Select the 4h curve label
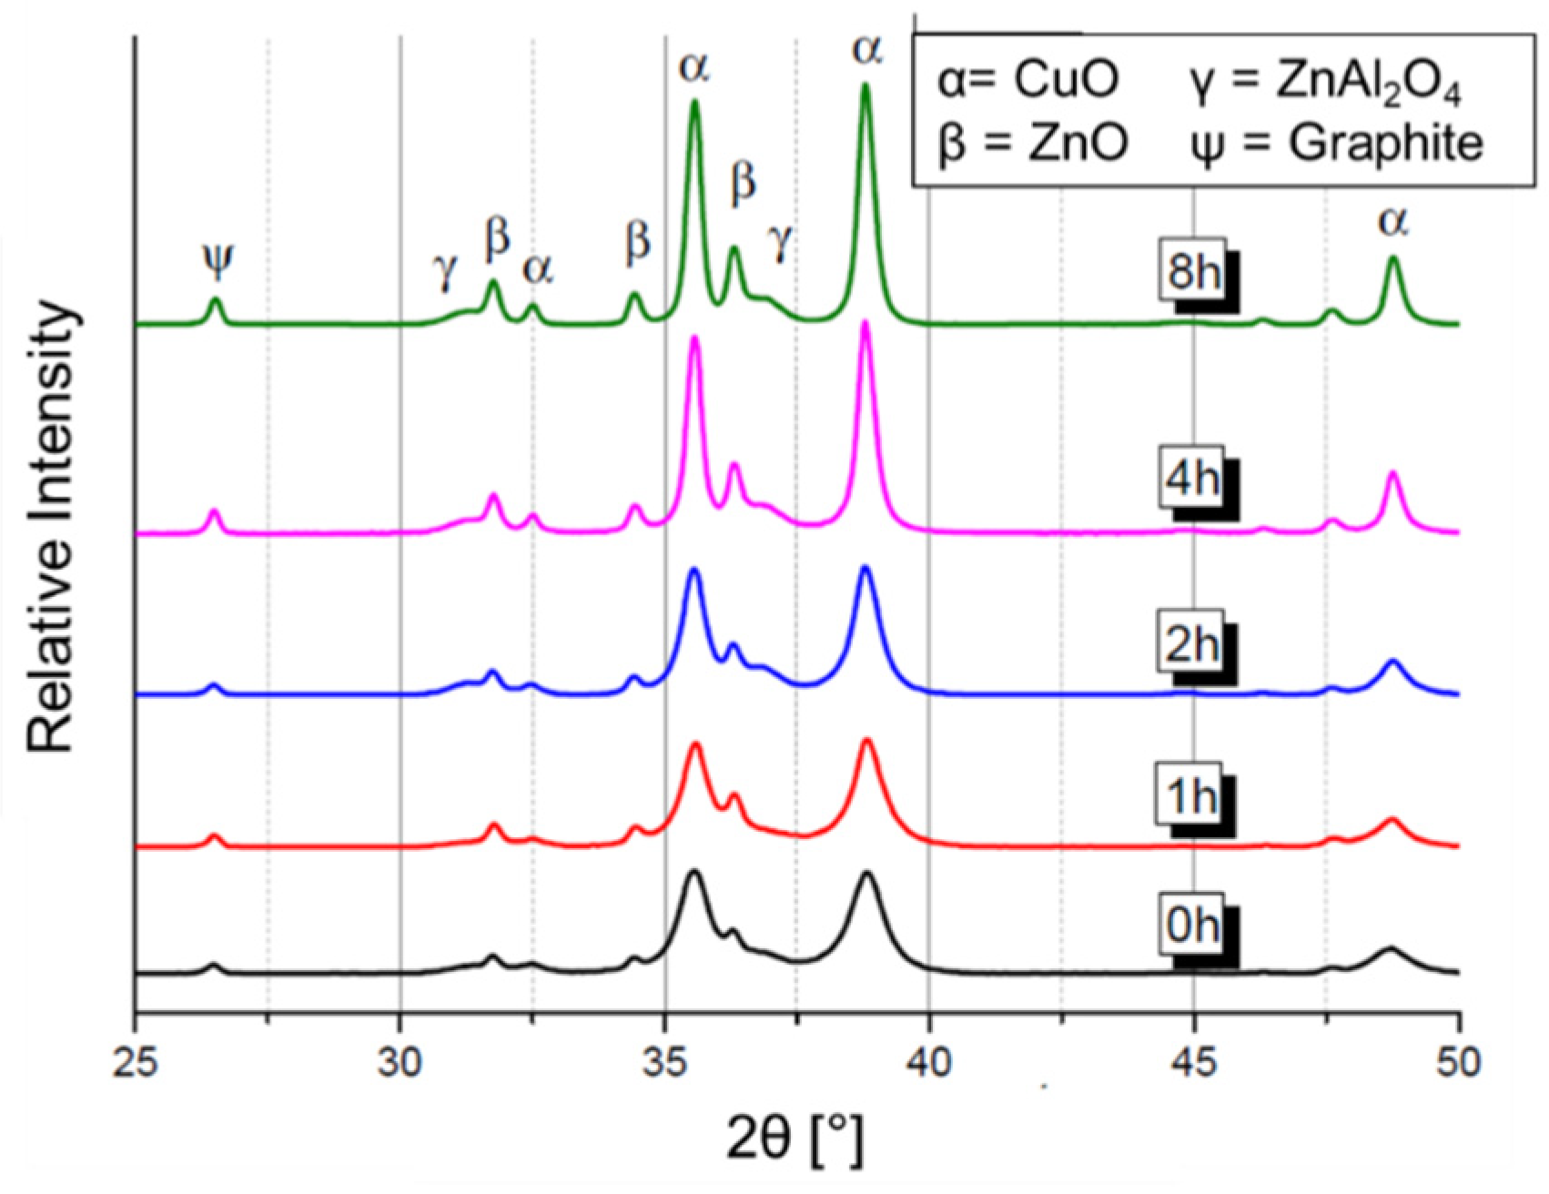coord(1191,477)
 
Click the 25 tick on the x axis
coord(136,1062)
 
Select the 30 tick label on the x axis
coord(400,1062)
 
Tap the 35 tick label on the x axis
coord(665,1062)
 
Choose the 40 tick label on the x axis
coord(929,1062)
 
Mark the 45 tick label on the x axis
coord(1194,1062)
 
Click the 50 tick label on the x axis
coord(1458,1062)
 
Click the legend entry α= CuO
coord(1028,81)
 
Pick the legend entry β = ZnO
coord(1033,143)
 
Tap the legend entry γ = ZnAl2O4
coord(1324,83)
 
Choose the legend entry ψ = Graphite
coord(1335,143)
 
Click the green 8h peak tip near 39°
coord(866,86)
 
